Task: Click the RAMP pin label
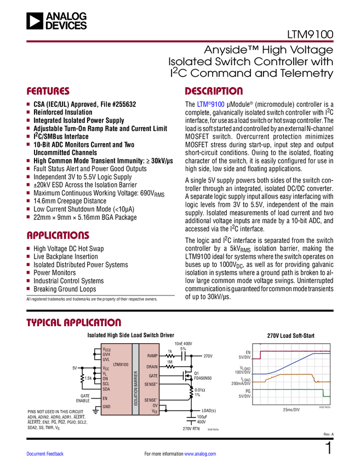152,356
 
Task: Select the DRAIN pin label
152,366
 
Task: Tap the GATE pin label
153,376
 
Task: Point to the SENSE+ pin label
151,384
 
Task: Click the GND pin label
106,407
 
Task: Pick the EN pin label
105,399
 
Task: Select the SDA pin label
106,389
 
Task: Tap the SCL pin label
106,384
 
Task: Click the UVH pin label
106,355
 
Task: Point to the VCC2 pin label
106,349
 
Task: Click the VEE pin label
155,411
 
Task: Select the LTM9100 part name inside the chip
121,364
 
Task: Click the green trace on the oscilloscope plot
285,389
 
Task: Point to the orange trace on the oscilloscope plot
290,374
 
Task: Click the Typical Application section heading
74,321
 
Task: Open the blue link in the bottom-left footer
45,454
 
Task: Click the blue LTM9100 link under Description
210,104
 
